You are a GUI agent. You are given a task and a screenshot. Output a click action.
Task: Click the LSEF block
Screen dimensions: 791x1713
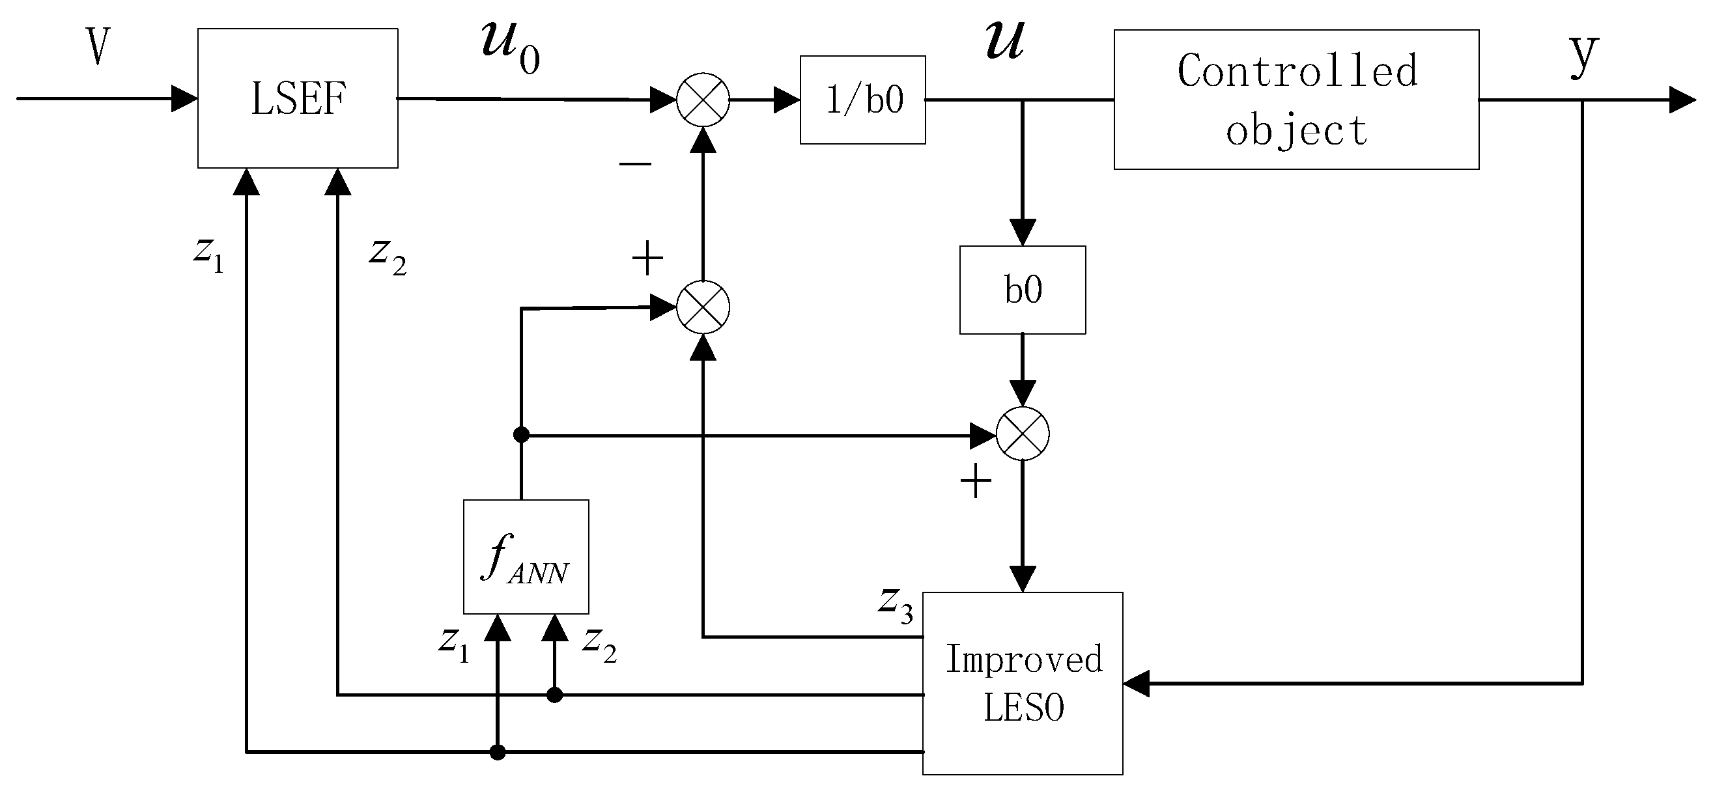point(297,98)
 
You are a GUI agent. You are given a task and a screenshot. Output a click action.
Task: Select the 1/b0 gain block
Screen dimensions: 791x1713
point(862,100)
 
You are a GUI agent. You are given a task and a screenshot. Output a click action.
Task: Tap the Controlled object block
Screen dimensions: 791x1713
point(1296,100)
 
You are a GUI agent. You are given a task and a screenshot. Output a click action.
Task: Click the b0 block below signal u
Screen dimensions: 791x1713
point(1022,290)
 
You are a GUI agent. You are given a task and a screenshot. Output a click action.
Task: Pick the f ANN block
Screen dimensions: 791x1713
point(526,557)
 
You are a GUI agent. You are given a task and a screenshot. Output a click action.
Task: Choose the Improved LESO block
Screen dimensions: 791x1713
point(1022,683)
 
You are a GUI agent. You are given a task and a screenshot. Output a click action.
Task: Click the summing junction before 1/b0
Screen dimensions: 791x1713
point(703,100)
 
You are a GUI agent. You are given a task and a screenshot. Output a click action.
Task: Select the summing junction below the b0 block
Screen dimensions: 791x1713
point(1022,434)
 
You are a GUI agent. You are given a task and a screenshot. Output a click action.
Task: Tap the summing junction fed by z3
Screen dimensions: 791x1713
point(703,307)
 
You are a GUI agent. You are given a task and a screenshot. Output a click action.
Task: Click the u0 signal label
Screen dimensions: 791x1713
point(510,48)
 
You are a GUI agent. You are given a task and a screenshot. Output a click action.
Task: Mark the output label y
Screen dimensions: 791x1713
point(1583,55)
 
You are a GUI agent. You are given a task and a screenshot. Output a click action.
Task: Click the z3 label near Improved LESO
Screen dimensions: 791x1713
point(895,605)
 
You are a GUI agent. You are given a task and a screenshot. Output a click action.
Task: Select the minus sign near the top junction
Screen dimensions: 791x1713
point(635,163)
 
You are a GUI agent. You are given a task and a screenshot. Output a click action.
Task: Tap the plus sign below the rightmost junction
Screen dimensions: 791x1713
point(976,481)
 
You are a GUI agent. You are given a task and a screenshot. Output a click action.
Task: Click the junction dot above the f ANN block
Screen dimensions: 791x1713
point(521,435)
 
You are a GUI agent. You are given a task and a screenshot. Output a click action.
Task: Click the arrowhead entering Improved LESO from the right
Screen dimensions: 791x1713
point(1137,684)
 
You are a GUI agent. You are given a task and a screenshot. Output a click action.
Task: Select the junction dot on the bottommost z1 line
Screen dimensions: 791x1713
point(497,753)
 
